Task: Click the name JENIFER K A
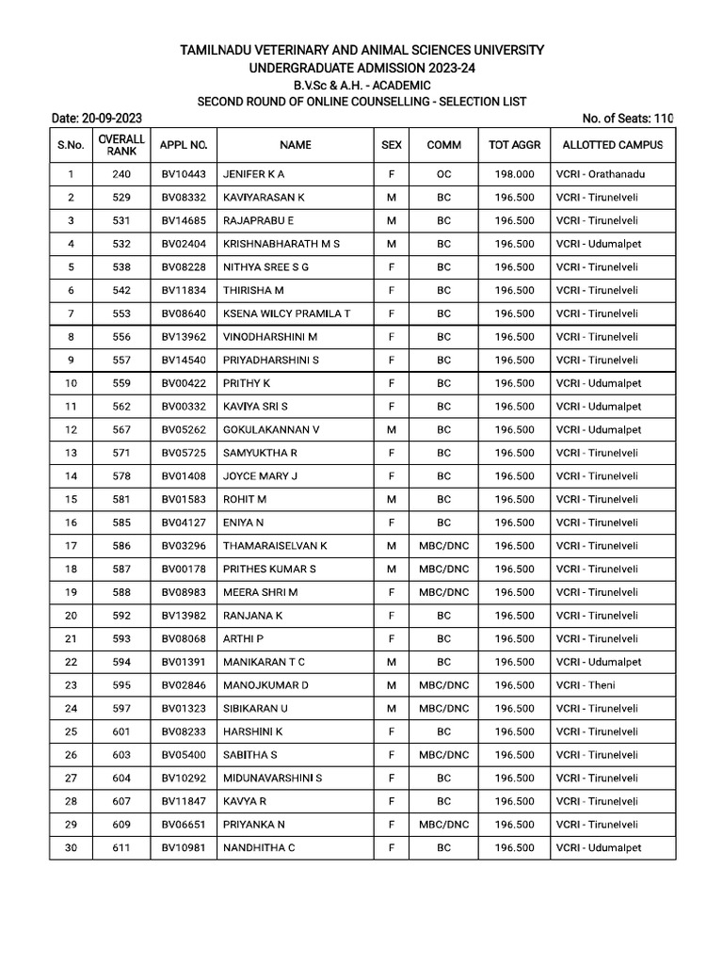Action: click(253, 174)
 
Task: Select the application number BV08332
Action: click(182, 198)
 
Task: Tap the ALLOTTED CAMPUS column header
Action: click(612, 145)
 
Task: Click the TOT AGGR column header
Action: click(514, 145)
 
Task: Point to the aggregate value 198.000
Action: click(514, 174)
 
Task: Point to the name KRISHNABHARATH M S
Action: click(281, 244)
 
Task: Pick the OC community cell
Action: click(444, 174)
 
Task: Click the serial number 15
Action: click(71, 499)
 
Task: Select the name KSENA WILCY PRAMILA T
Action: click(286, 313)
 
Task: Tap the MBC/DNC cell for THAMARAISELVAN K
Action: click(444, 545)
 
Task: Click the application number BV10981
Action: click(182, 848)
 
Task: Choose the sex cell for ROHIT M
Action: click(391, 499)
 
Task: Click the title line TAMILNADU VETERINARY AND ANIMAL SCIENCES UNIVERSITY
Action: click(361, 50)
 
